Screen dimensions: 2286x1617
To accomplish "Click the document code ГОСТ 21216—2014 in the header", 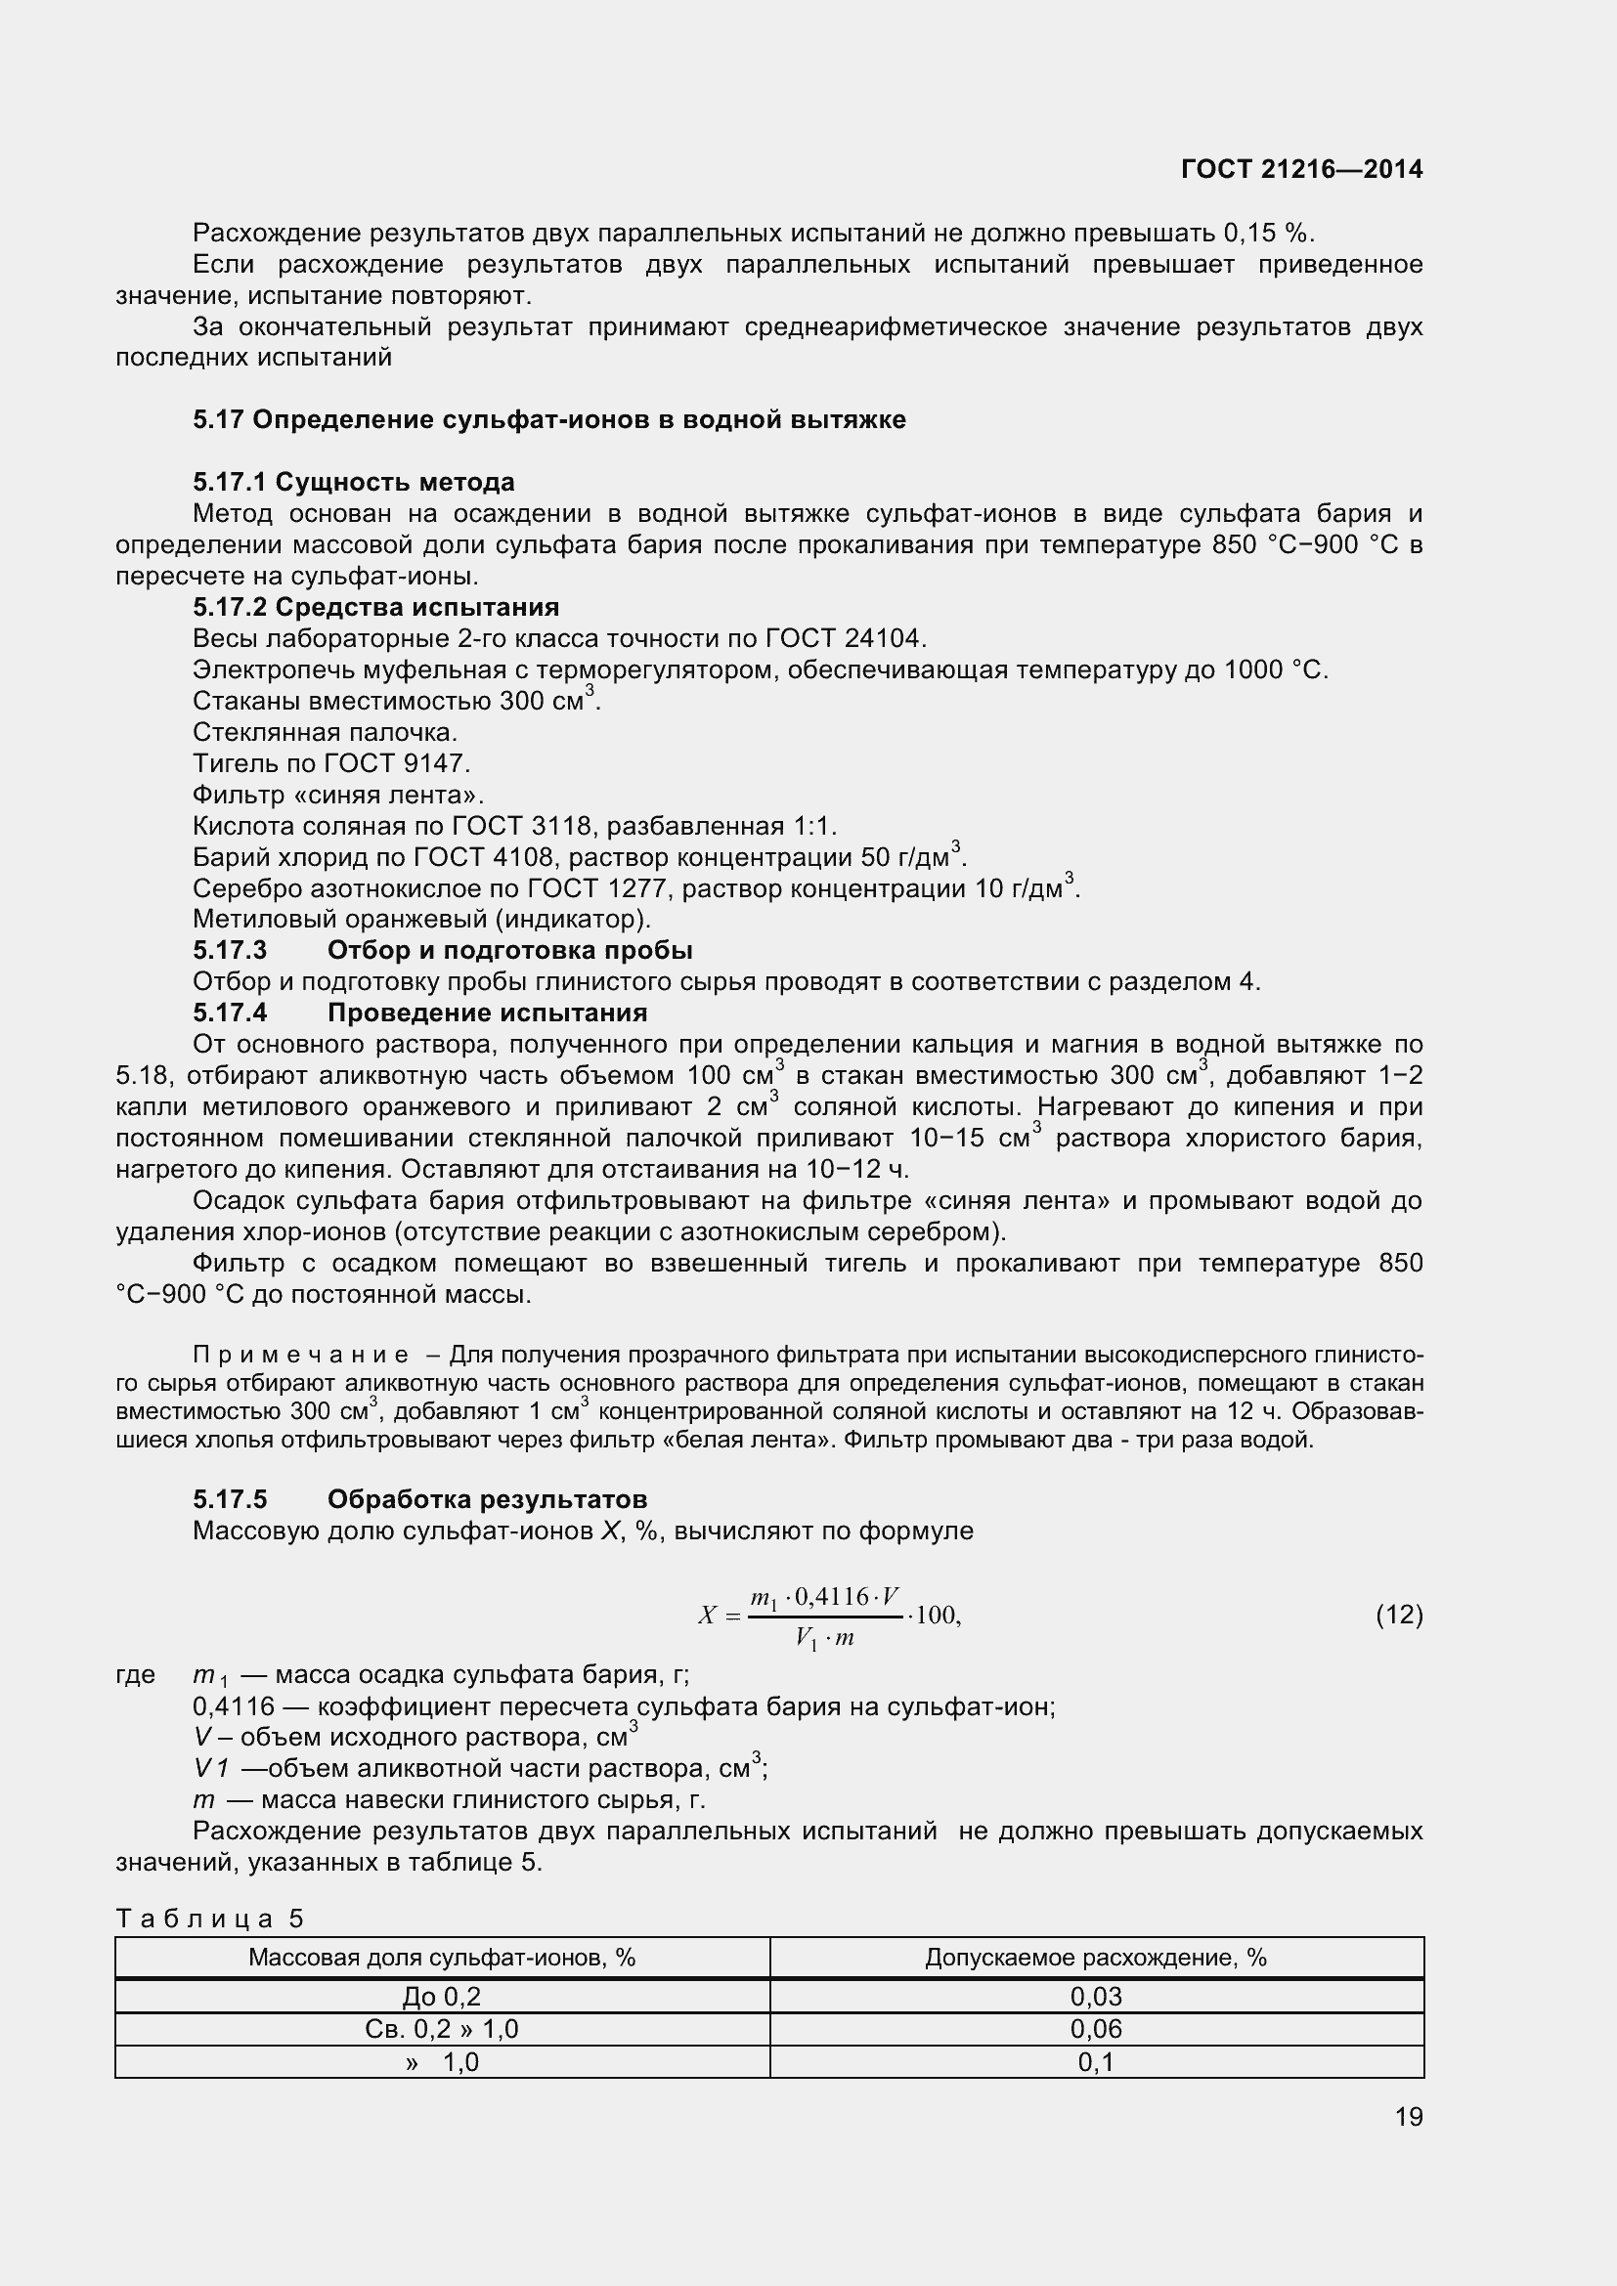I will (1301, 169).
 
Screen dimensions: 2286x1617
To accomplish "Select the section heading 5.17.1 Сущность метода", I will (354, 482).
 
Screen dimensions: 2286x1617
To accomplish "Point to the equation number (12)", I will (1399, 1614).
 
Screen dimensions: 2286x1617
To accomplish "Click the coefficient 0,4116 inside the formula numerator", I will (831, 1597).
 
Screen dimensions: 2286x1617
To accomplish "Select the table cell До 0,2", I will (441, 1997).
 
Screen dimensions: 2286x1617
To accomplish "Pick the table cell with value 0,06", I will (1095, 2029).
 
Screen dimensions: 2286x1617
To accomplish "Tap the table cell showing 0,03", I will (1095, 1997).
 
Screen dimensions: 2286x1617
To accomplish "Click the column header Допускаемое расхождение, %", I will (1095, 1958).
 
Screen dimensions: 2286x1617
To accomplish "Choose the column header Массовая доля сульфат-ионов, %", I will (441, 1958).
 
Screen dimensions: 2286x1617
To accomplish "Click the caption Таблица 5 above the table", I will (210, 1919).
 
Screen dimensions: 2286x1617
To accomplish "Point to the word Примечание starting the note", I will (300, 1355).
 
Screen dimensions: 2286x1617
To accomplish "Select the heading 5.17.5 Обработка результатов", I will (419, 1498).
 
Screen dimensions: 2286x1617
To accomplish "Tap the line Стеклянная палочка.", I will (325, 732).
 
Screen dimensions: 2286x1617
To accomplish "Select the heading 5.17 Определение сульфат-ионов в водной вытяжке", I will (548, 419).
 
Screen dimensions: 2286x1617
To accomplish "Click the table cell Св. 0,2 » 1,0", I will (441, 2029).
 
